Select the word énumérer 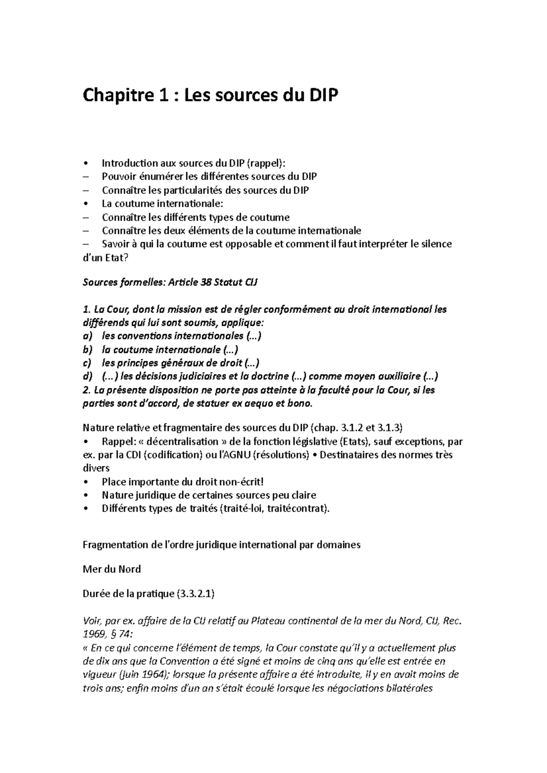pos(154,177)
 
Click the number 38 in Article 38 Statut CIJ pos(205,283)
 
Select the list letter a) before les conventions pos(88,336)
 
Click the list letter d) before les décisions pos(88,377)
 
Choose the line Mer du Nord pos(112,570)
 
